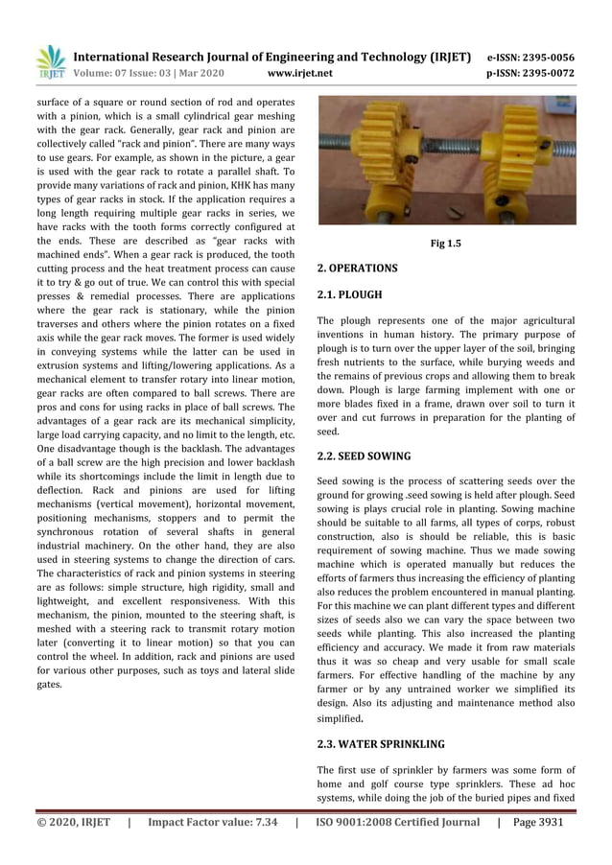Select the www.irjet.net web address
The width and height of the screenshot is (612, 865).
(300, 73)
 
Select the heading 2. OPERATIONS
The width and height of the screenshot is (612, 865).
(357, 269)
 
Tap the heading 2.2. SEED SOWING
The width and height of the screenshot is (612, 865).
(364, 456)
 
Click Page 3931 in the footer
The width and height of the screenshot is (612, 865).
(543, 822)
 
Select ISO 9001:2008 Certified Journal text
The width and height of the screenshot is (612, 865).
(398, 822)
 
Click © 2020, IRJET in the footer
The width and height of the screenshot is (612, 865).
(74, 822)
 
